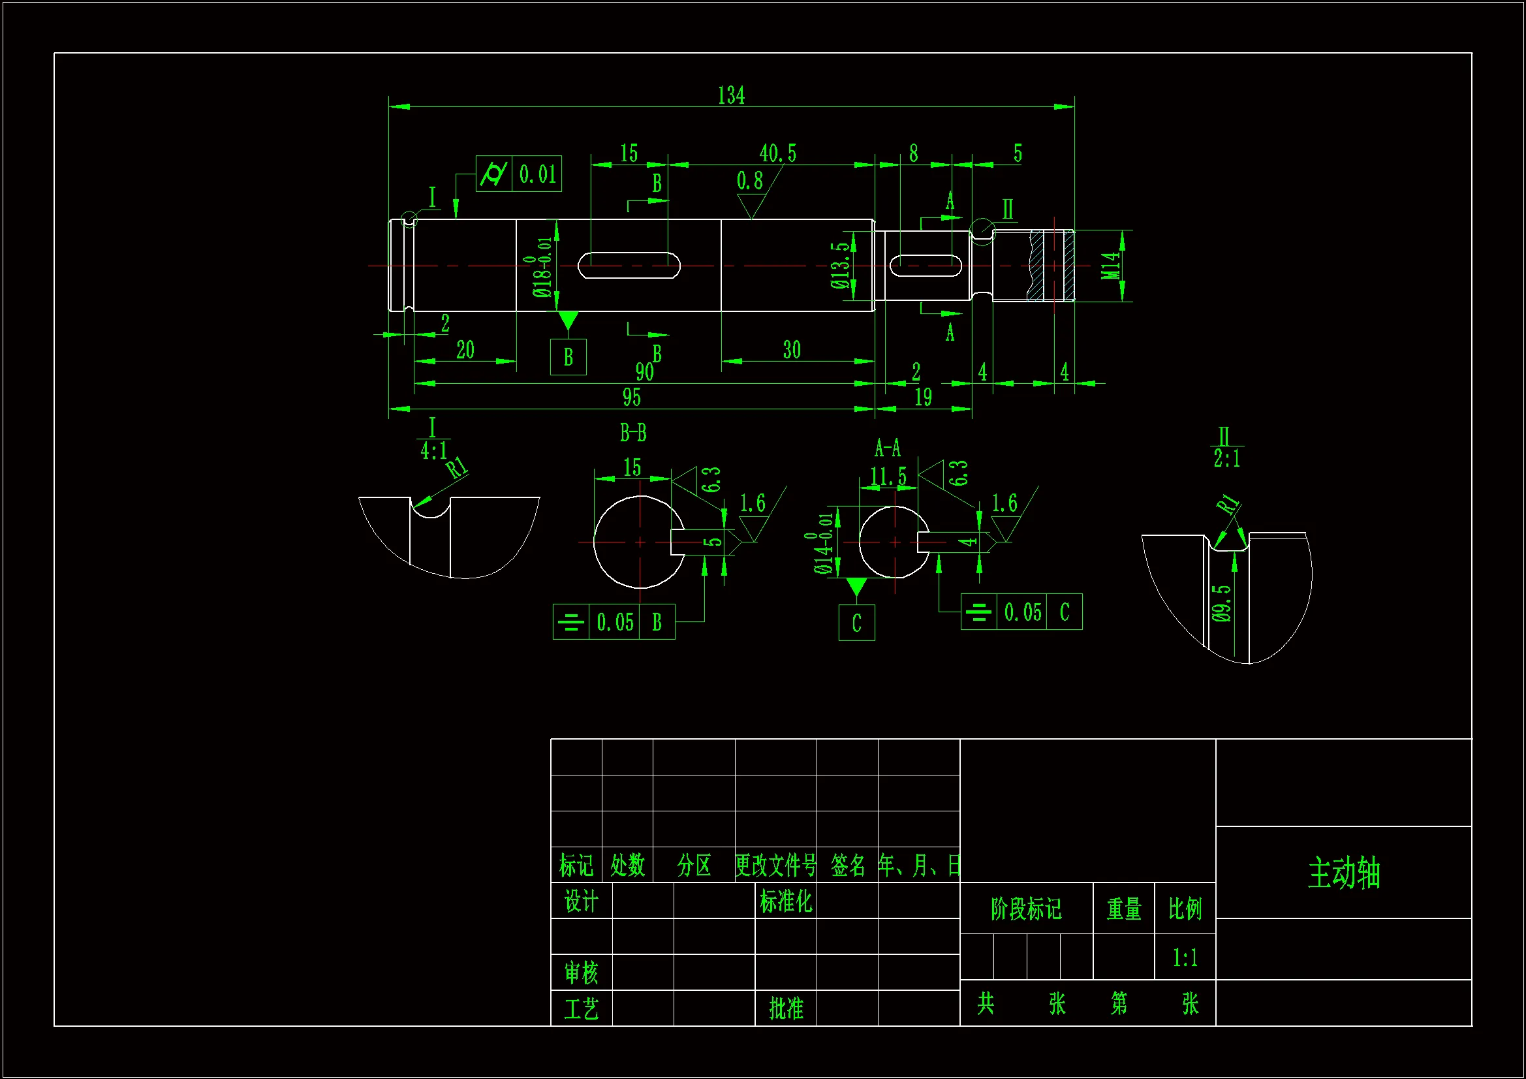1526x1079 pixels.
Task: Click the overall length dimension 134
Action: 731,96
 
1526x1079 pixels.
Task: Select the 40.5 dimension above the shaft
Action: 777,153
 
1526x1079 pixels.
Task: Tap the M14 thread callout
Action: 1111,266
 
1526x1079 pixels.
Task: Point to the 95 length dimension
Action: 631,398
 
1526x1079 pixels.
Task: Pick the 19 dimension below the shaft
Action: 923,398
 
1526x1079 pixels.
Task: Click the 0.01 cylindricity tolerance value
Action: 537,174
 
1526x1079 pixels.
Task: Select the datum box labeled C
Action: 856,623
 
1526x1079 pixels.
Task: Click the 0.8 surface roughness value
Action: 750,181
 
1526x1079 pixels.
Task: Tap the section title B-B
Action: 632,433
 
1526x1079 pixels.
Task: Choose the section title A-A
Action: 887,448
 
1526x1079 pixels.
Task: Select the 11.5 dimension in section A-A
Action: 888,477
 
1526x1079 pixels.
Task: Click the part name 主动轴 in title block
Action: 1344,873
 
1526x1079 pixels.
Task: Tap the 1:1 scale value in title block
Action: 1185,958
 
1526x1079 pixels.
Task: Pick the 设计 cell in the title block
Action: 581,901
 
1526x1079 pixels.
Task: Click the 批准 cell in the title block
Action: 786,1009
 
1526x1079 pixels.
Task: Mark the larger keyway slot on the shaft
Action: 629,265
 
